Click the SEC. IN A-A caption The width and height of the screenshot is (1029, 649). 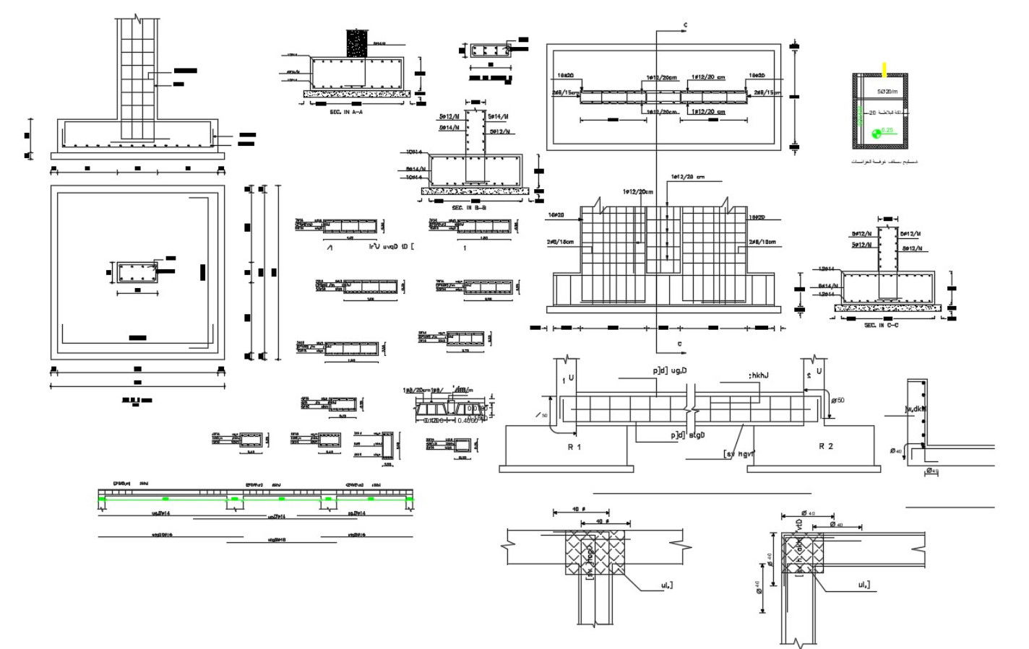tap(346, 112)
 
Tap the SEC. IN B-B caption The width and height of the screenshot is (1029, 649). tap(469, 208)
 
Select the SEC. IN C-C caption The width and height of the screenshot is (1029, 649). tap(881, 326)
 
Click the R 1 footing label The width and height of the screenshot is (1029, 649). tap(574, 447)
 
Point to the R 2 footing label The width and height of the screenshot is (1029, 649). tap(826, 446)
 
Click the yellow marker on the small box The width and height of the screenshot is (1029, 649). tap(884, 69)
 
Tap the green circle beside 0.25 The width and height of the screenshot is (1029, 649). tap(877, 133)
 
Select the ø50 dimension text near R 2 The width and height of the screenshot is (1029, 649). tap(838, 400)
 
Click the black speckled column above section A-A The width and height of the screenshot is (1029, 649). tap(356, 43)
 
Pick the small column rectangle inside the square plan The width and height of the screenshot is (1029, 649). tap(137, 273)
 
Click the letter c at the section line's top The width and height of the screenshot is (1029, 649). tap(685, 26)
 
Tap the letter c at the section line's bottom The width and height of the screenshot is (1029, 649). tap(679, 344)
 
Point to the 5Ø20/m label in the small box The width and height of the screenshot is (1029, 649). tap(887, 92)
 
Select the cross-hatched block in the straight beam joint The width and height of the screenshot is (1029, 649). tap(595, 552)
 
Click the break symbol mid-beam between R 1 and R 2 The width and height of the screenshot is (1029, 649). tap(691, 408)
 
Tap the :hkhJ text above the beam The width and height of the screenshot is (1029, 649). tap(758, 375)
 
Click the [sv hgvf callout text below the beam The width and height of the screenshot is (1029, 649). tap(739, 454)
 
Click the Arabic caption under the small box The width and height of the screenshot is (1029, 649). tap(884, 162)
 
